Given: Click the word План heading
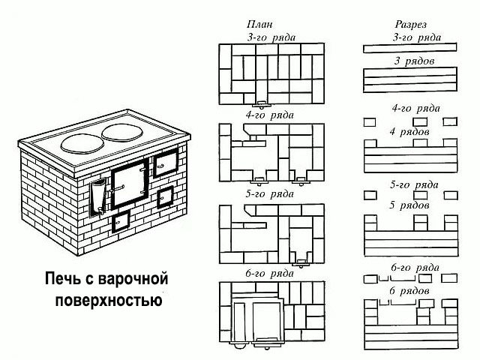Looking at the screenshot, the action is (259, 24).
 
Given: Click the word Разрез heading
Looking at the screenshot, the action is (411, 25).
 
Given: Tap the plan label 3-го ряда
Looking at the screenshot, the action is (271, 37).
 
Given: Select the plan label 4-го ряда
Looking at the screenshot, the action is (270, 115).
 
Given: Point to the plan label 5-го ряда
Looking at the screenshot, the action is (270, 194).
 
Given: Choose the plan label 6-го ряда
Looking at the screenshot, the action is (270, 273).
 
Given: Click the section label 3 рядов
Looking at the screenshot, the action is (414, 61).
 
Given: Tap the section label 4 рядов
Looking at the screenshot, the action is (409, 132).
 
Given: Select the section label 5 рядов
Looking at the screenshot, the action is (409, 205).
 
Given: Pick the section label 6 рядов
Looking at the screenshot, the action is (409, 291).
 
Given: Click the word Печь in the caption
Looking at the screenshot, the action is (64, 279).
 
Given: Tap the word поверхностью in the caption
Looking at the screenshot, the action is (109, 300).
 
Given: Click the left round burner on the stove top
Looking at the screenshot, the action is (82, 143).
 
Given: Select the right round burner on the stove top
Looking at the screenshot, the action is (122, 133).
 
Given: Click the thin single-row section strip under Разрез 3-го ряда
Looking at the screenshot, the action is (410, 48).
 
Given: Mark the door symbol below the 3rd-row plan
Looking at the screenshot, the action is (262, 104).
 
